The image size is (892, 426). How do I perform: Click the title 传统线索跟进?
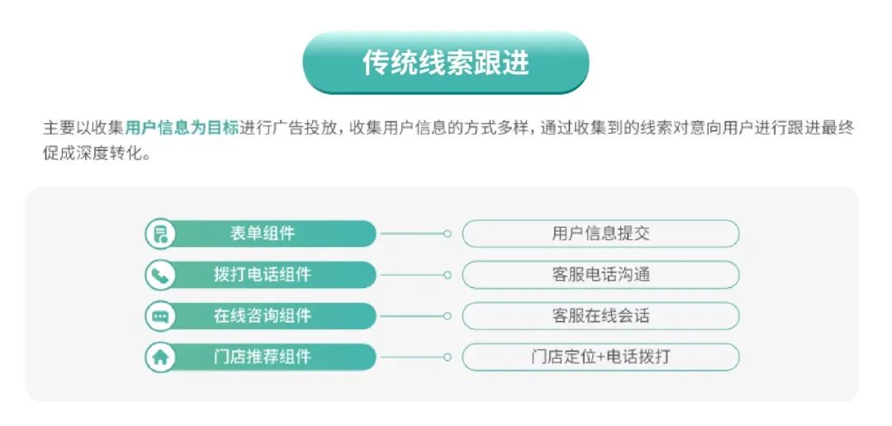(445, 63)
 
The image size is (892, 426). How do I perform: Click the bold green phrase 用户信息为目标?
(182, 127)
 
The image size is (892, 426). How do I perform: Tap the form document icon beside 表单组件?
(160, 234)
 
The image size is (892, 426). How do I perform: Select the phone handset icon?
(160, 275)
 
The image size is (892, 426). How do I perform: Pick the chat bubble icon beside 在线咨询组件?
(160, 316)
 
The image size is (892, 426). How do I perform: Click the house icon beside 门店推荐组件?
(160, 357)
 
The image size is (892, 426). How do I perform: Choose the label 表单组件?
(263, 234)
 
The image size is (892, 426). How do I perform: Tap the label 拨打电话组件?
(263, 275)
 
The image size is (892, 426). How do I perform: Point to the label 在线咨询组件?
(263, 315)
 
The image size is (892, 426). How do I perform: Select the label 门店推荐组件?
(263, 357)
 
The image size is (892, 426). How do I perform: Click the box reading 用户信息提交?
(600, 234)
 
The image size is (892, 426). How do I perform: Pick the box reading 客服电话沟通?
(600, 275)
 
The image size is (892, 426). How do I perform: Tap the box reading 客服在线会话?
(600, 315)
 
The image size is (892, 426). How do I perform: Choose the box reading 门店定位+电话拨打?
(600, 357)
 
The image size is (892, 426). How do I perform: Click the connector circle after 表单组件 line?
(448, 234)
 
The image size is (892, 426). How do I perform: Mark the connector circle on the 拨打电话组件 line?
(448, 275)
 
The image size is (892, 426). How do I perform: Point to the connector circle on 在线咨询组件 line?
(448, 315)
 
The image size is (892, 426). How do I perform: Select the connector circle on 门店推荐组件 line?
(448, 357)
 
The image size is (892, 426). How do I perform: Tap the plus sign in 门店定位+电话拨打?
(600, 357)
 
